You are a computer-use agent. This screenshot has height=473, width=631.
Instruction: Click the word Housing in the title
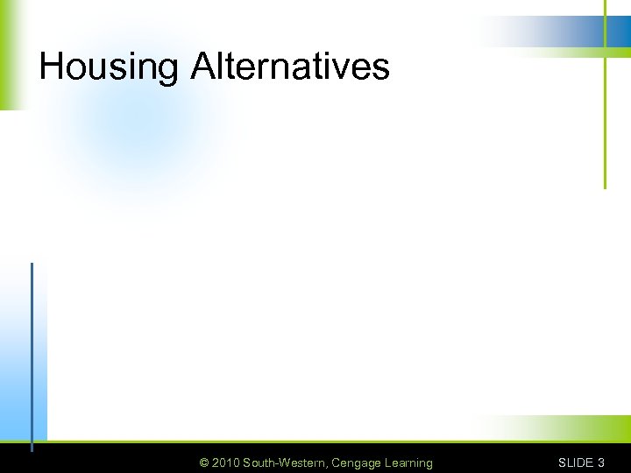109,67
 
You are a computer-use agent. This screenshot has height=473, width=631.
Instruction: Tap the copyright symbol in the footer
204,462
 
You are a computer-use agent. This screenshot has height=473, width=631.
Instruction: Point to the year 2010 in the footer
225,462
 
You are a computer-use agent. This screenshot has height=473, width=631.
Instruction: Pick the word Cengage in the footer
358,462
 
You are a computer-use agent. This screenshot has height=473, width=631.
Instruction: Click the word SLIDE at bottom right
576,462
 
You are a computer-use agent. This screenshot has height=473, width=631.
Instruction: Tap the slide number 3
600,462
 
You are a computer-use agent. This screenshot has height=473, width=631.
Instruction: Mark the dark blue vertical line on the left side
32,350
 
